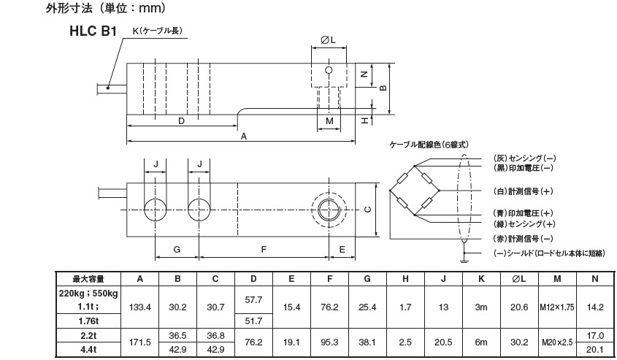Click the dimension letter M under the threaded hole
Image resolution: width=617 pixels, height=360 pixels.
329,120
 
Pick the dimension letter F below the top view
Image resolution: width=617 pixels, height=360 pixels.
263,250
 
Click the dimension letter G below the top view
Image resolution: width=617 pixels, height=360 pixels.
177,250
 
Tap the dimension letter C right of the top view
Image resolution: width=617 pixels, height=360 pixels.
367,210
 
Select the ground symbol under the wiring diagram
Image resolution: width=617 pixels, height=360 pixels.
464,257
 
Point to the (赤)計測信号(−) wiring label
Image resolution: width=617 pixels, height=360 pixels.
521,239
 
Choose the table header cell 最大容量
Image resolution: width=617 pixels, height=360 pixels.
88,278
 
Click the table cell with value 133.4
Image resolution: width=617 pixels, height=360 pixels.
139,307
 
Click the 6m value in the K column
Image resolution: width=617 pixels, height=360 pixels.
480,341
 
